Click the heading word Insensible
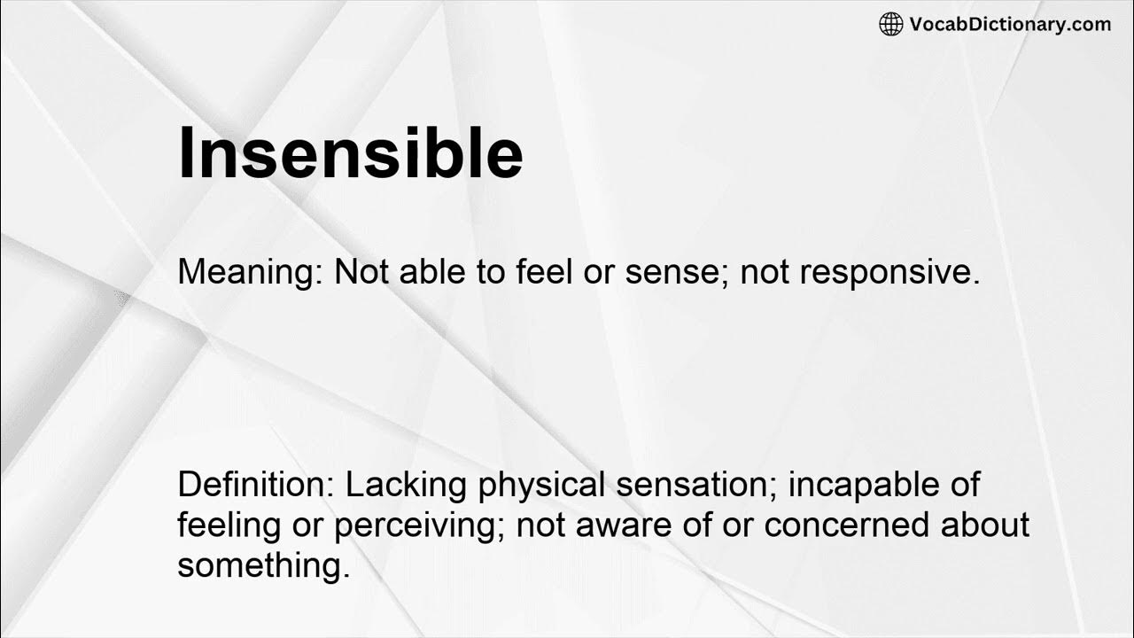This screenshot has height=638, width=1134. point(350,153)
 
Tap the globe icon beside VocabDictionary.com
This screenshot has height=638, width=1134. point(890,25)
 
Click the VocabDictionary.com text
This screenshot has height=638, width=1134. point(1010,25)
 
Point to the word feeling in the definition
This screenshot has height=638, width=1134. point(228,525)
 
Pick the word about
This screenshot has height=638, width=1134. point(985,525)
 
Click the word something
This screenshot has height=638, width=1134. point(263,565)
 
